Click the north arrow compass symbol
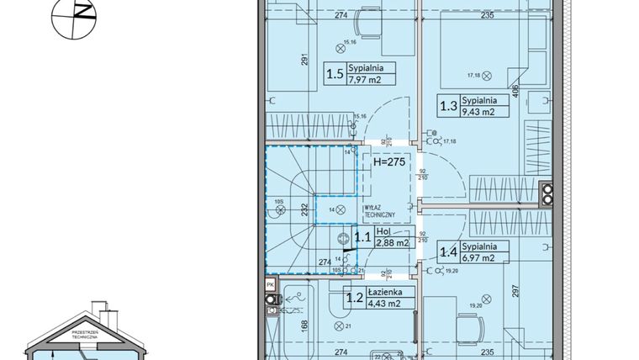click(74, 16)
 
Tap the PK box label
click(270, 285)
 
